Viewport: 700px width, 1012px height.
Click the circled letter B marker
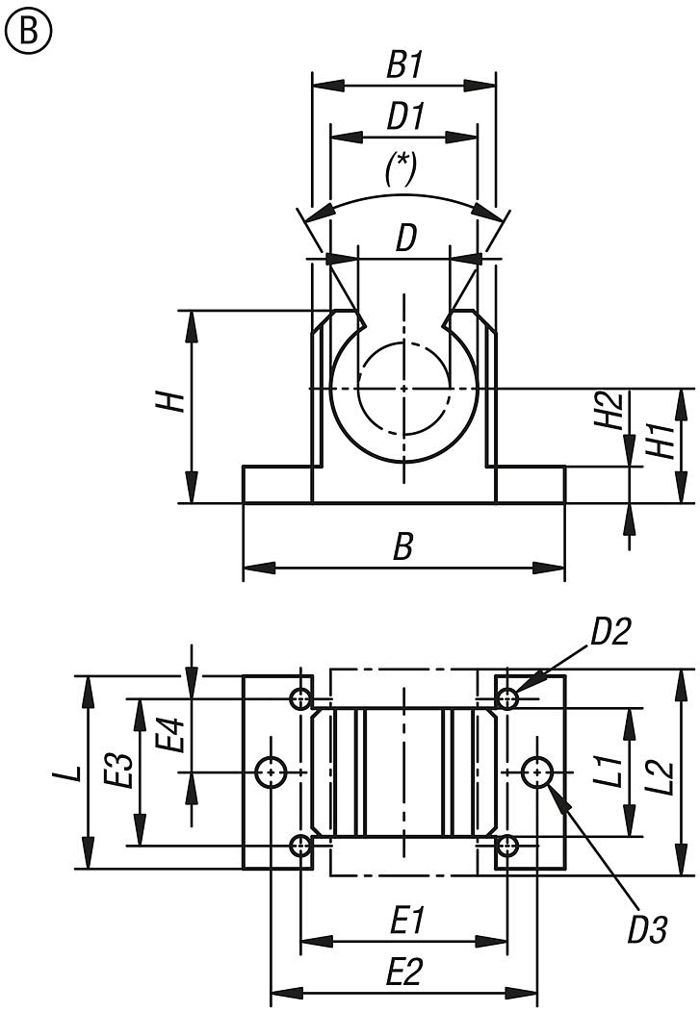pyautogui.click(x=29, y=32)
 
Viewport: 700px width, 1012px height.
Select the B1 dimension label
pyautogui.click(x=405, y=66)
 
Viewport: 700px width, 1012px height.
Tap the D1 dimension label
pyautogui.click(x=405, y=117)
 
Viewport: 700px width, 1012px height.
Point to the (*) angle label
pyautogui.click(x=401, y=169)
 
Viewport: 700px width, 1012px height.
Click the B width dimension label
pyautogui.click(x=403, y=546)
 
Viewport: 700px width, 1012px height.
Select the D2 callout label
pyautogui.click(x=610, y=632)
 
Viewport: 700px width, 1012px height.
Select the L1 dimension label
pyautogui.click(x=607, y=773)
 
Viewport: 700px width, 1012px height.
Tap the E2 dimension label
pyautogui.click(x=405, y=973)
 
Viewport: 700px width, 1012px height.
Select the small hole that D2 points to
pyautogui.click(x=507, y=697)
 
